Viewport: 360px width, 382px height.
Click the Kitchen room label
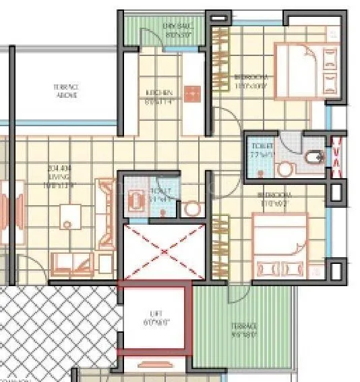tap(159, 97)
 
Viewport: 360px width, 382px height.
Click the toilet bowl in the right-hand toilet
tap(313, 159)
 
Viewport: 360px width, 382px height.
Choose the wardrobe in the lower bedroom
tap(220, 240)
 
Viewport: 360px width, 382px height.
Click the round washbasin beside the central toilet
tap(192, 209)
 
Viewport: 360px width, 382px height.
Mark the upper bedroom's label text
tap(251, 82)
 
